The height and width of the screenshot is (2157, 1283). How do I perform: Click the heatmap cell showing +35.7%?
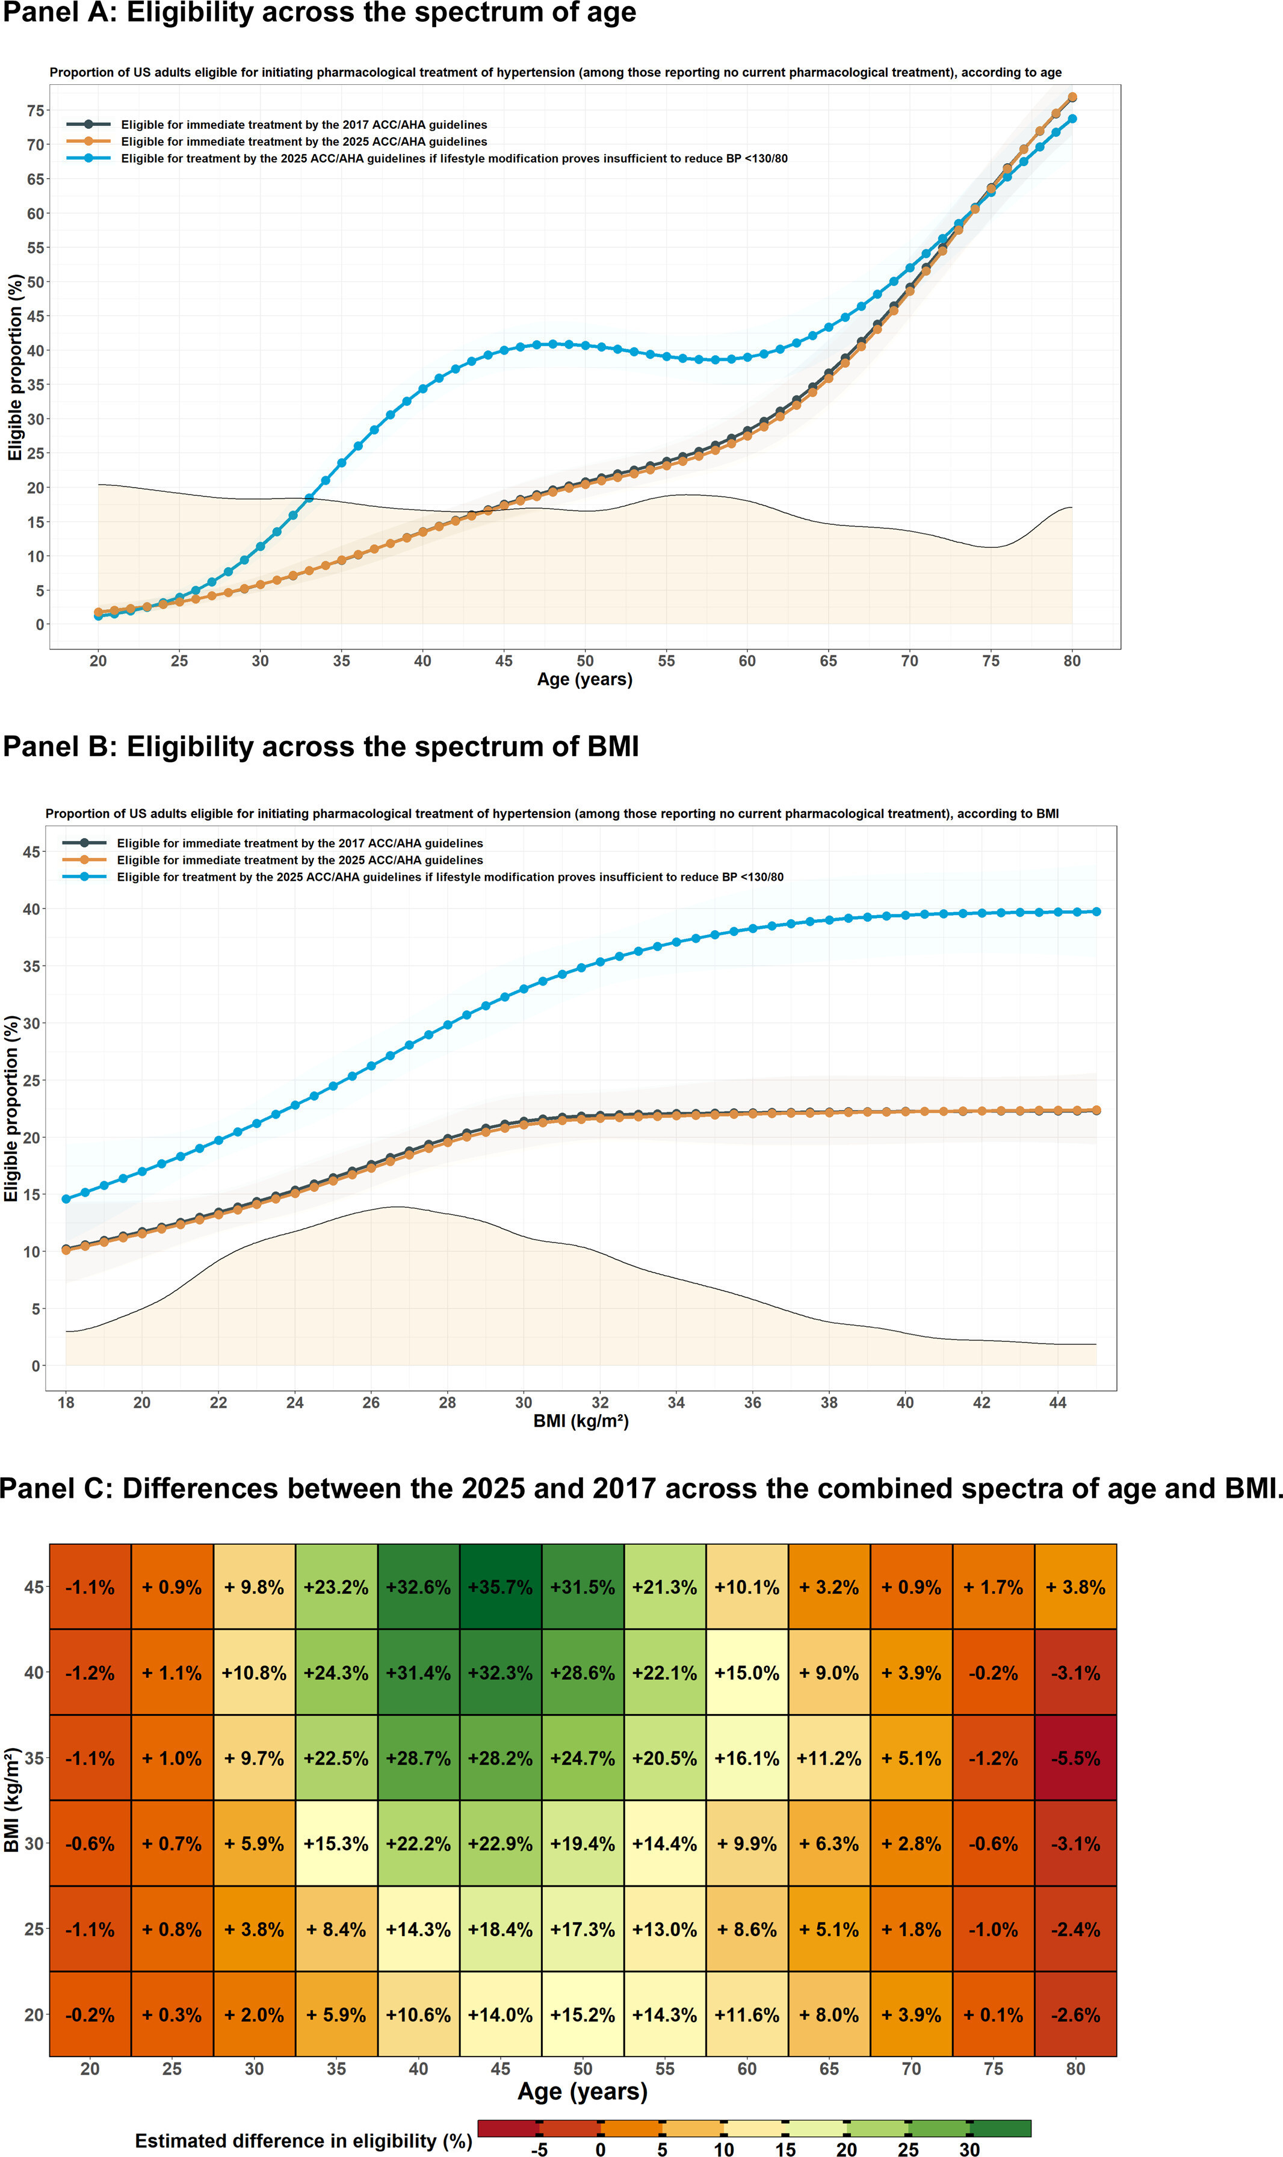(x=501, y=1587)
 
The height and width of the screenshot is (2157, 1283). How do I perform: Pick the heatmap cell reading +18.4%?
(x=501, y=1929)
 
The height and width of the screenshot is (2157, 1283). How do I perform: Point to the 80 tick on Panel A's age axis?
(x=1072, y=661)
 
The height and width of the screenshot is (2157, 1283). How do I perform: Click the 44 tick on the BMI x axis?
(x=1058, y=1402)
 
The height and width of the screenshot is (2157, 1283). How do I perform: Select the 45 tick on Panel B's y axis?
(x=31, y=852)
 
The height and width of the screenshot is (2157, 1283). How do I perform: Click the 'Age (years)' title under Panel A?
(x=584, y=679)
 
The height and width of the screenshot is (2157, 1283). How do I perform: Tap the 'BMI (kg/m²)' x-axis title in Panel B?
(x=581, y=1421)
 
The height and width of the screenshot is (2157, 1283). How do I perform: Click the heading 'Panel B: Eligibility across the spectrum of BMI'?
(x=321, y=746)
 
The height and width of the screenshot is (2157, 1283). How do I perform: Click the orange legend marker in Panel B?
(x=85, y=860)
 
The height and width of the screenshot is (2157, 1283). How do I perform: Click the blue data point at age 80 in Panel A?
(x=1072, y=119)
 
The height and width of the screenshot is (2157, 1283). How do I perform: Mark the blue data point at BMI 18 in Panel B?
(x=66, y=1199)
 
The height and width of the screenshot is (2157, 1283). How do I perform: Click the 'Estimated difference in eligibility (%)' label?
(x=303, y=2141)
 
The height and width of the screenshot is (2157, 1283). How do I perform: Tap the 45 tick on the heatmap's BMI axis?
(x=34, y=1587)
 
